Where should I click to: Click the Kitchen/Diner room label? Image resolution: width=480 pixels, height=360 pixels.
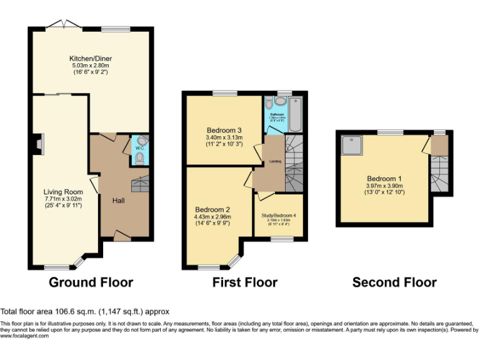[x=91, y=59]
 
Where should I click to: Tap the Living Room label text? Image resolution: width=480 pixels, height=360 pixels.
[x=63, y=192]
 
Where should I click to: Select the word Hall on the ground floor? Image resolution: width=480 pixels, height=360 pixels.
[x=119, y=201]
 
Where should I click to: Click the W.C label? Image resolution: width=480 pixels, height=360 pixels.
[x=138, y=149]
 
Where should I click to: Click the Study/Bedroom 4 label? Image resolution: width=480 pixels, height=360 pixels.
[x=279, y=215]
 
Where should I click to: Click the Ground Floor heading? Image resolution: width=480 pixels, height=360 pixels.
[x=91, y=282]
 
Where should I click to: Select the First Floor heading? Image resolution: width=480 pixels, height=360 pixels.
[x=244, y=282]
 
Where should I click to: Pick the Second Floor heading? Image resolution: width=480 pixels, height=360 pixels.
[x=394, y=282]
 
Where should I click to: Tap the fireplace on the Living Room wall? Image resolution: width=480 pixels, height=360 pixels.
[x=39, y=144]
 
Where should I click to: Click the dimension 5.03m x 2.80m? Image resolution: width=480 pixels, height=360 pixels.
[x=91, y=66]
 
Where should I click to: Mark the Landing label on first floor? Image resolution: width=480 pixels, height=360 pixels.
[x=274, y=162]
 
